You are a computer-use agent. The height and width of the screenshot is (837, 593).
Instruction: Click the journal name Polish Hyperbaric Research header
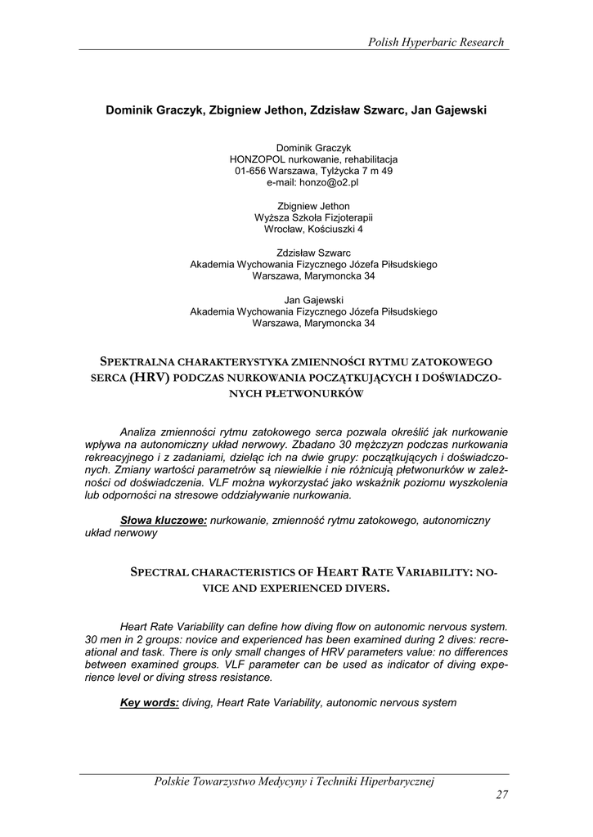tap(436, 42)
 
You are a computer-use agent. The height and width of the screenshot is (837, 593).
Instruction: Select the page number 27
tap(502, 795)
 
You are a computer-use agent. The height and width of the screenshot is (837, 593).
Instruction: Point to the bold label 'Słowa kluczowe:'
tap(164, 520)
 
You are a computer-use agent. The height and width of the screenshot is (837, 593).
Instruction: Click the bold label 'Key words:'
tap(150, 702)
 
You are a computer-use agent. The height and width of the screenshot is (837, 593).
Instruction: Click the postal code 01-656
tap(250, 171)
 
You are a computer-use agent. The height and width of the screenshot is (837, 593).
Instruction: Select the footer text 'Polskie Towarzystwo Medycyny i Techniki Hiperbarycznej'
tap(294, 782)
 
